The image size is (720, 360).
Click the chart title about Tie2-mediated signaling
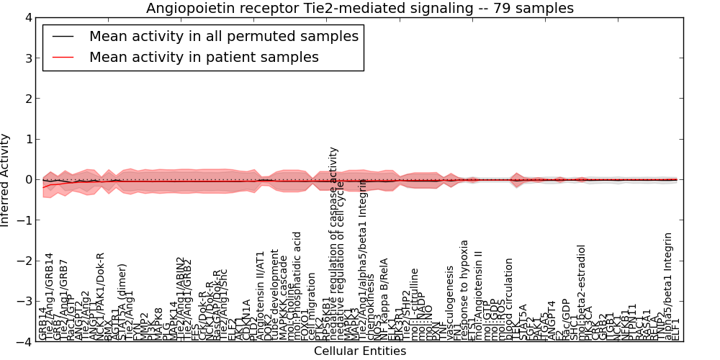(x=360, y=9)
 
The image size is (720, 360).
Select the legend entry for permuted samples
(x=223, y=36)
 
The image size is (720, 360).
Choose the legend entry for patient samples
(x=204, y=57)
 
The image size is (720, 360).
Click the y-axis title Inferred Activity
(x=6, y=180)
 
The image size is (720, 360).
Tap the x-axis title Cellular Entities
(x=360, y=351)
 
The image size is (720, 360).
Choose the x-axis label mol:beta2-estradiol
(x=582, y=292)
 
